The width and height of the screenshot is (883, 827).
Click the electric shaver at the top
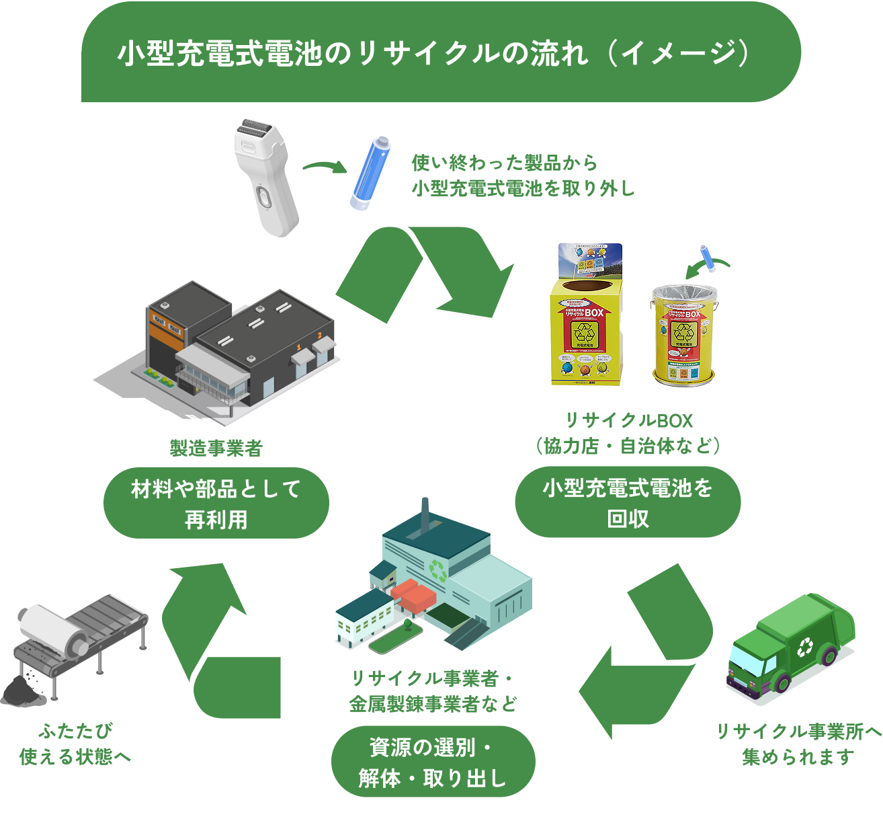pyautogui.click(x=265, y=176)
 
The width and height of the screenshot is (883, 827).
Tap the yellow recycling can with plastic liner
pyautogui.click(x=684, y=335)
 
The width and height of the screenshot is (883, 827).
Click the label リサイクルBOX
pyautogui.click(x=628, y=421)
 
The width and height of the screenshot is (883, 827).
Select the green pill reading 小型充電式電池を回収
pyautogui.click(x=628, y=503)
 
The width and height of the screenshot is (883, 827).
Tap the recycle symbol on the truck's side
pyautogui.click(x=804, y=647)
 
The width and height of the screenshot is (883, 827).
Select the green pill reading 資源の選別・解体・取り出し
pyautogui.click(x=433, y=762)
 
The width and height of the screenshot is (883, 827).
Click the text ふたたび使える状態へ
pyautogui.click(x=75, y=744)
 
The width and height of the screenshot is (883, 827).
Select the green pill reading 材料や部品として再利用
pyautogui.click(x=216, y=504)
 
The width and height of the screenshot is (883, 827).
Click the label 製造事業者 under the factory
pyautogui.click(x=216, y=448)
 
